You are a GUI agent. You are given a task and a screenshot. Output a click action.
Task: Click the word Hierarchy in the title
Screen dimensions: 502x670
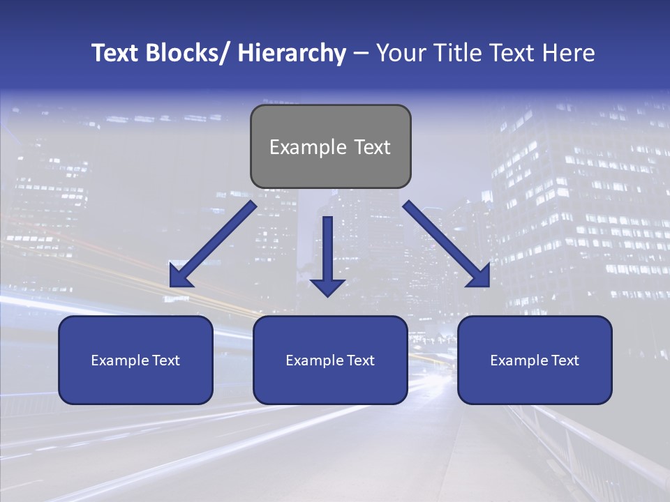pos(292,54)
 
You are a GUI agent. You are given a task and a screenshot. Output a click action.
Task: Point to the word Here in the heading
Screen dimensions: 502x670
pos(569,54)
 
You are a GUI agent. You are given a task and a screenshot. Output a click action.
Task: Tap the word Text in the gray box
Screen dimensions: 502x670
pos(371,147)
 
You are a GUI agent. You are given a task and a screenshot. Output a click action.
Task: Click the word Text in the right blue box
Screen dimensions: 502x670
pos(564,360)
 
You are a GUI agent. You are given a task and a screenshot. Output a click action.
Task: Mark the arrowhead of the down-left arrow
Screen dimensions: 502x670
pos(180,277)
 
